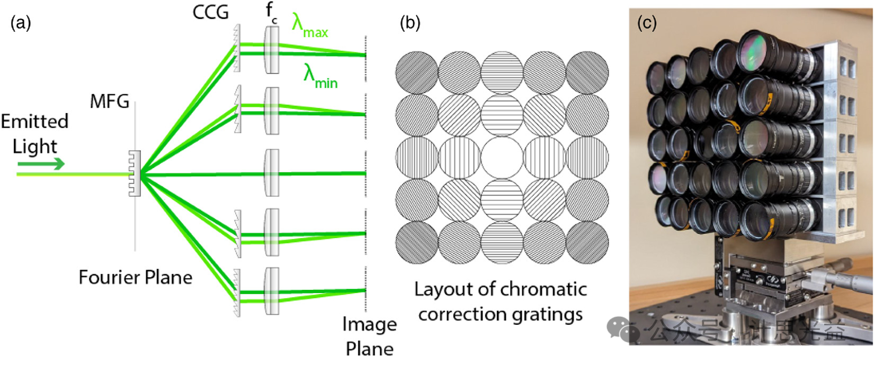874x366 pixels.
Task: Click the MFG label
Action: pos(109,101)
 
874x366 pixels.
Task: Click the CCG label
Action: pos(210,12)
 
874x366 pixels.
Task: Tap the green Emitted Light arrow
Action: pos(41,163)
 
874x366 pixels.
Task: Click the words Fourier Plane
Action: pos(135,277)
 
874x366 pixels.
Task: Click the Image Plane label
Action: pos(369,336)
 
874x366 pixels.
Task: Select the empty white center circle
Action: pos(502,158)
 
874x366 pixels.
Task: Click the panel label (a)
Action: pos(21,23)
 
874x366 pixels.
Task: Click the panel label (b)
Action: pos(410,23)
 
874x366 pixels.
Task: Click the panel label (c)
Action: pos(647,23)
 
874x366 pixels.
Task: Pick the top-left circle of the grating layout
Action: pos(417,73)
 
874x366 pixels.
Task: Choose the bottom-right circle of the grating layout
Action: pos(587,242)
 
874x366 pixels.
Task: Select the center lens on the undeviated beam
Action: pos(272,173)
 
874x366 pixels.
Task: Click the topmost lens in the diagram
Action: pos(272,50)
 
